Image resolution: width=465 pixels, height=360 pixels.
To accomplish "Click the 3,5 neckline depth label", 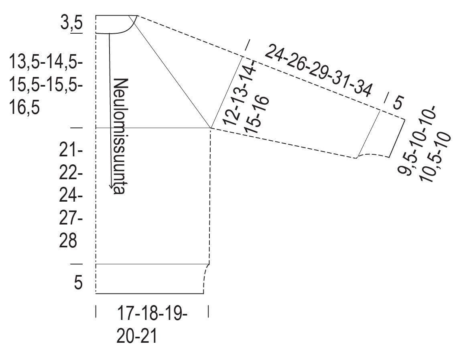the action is pyautogui.click(x=71, y=23).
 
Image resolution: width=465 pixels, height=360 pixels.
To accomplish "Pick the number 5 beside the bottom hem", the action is pyautogui.click(x=78, y=282).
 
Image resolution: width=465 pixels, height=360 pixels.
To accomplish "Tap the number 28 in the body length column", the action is pyautogui.click(x=68, y=241).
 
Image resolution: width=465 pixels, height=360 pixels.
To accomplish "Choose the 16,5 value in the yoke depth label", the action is pyautogui.click(x=24, y=107).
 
